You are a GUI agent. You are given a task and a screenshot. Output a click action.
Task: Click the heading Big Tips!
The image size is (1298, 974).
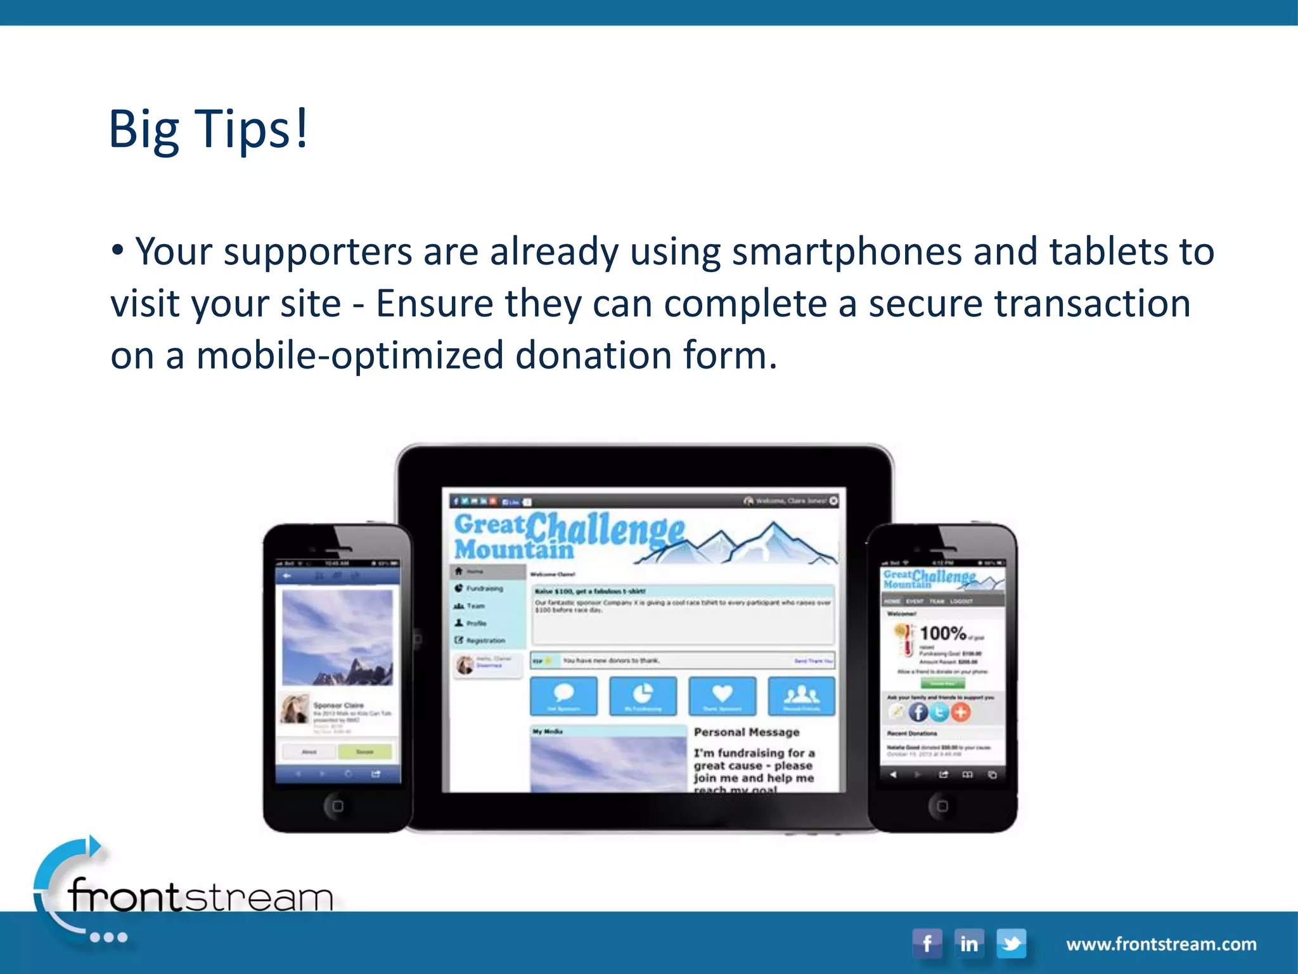point(208,129)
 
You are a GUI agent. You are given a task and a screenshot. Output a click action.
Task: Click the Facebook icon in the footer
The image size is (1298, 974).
point(927,944)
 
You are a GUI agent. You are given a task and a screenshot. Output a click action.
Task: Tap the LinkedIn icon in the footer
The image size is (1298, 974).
point(969,944)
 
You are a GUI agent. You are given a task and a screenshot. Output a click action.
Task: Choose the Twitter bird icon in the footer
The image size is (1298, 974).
point(1012,944)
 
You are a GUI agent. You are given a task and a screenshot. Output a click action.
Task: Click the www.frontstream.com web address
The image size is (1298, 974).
point(1161,944)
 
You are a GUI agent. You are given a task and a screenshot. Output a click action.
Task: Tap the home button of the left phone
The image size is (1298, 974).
point(337,806)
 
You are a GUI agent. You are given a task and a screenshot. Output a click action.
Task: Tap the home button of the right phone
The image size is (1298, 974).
point(942,806)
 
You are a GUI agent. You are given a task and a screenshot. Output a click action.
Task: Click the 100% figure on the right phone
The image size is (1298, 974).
point(942,633)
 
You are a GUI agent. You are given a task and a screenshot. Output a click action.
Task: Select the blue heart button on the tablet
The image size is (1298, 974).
point(722,696)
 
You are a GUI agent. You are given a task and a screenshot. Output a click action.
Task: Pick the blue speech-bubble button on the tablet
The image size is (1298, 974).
point(563,696)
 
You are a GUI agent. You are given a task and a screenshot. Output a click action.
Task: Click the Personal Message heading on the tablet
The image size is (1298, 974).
point(747,732)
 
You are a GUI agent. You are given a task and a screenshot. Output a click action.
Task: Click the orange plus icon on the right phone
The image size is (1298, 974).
point(961,712)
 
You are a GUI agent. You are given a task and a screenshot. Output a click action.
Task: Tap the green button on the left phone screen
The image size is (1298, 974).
point(365,752)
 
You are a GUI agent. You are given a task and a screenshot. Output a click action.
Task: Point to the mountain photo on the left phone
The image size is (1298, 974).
point(337,637)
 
